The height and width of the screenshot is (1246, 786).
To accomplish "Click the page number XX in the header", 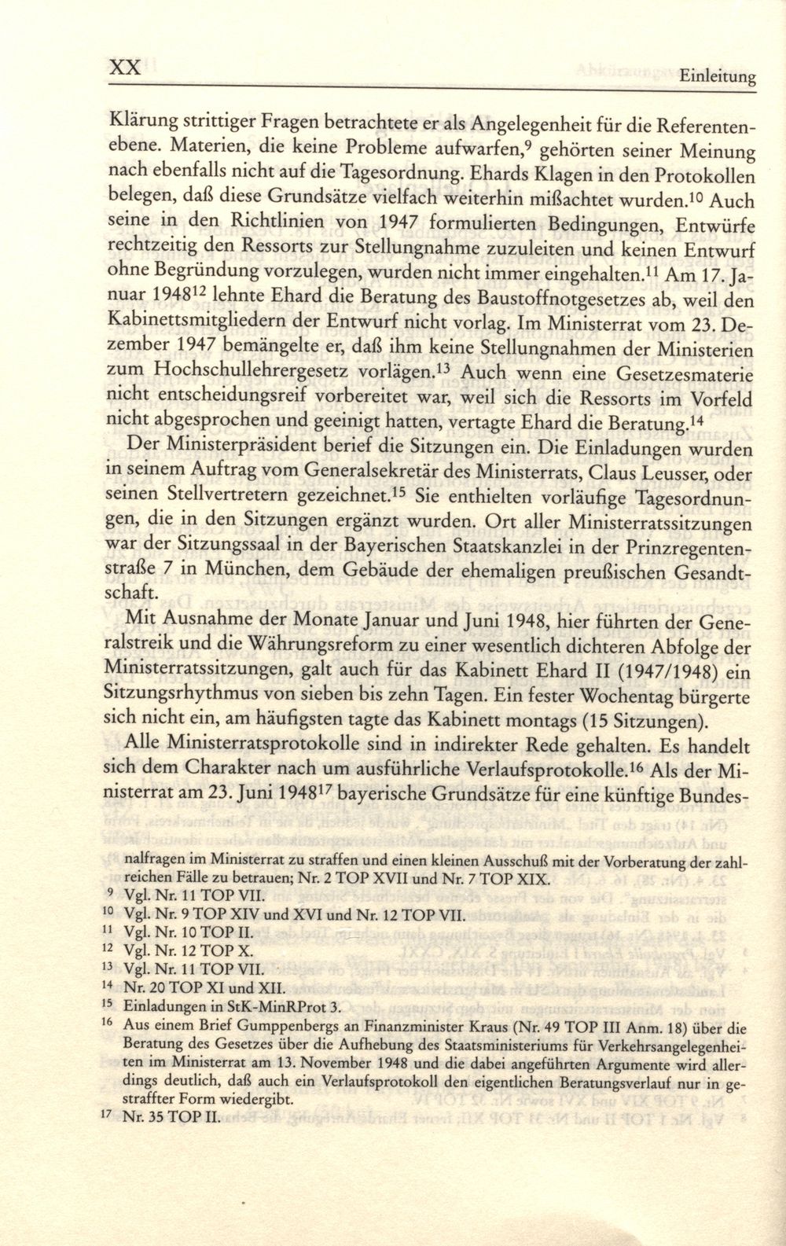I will coord(124,68).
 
